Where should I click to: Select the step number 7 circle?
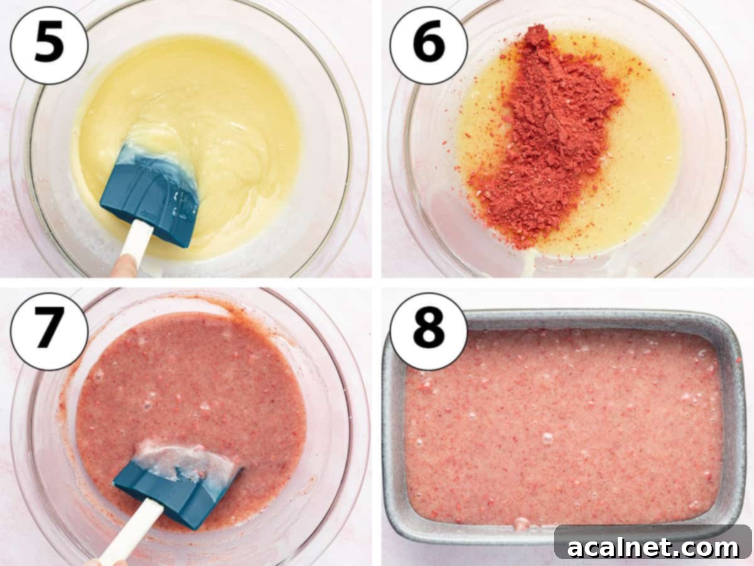click(49, 331)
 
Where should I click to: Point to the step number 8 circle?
click(429, 331)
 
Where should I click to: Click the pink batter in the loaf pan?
click(565, 428)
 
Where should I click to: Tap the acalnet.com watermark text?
click(653, 547)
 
